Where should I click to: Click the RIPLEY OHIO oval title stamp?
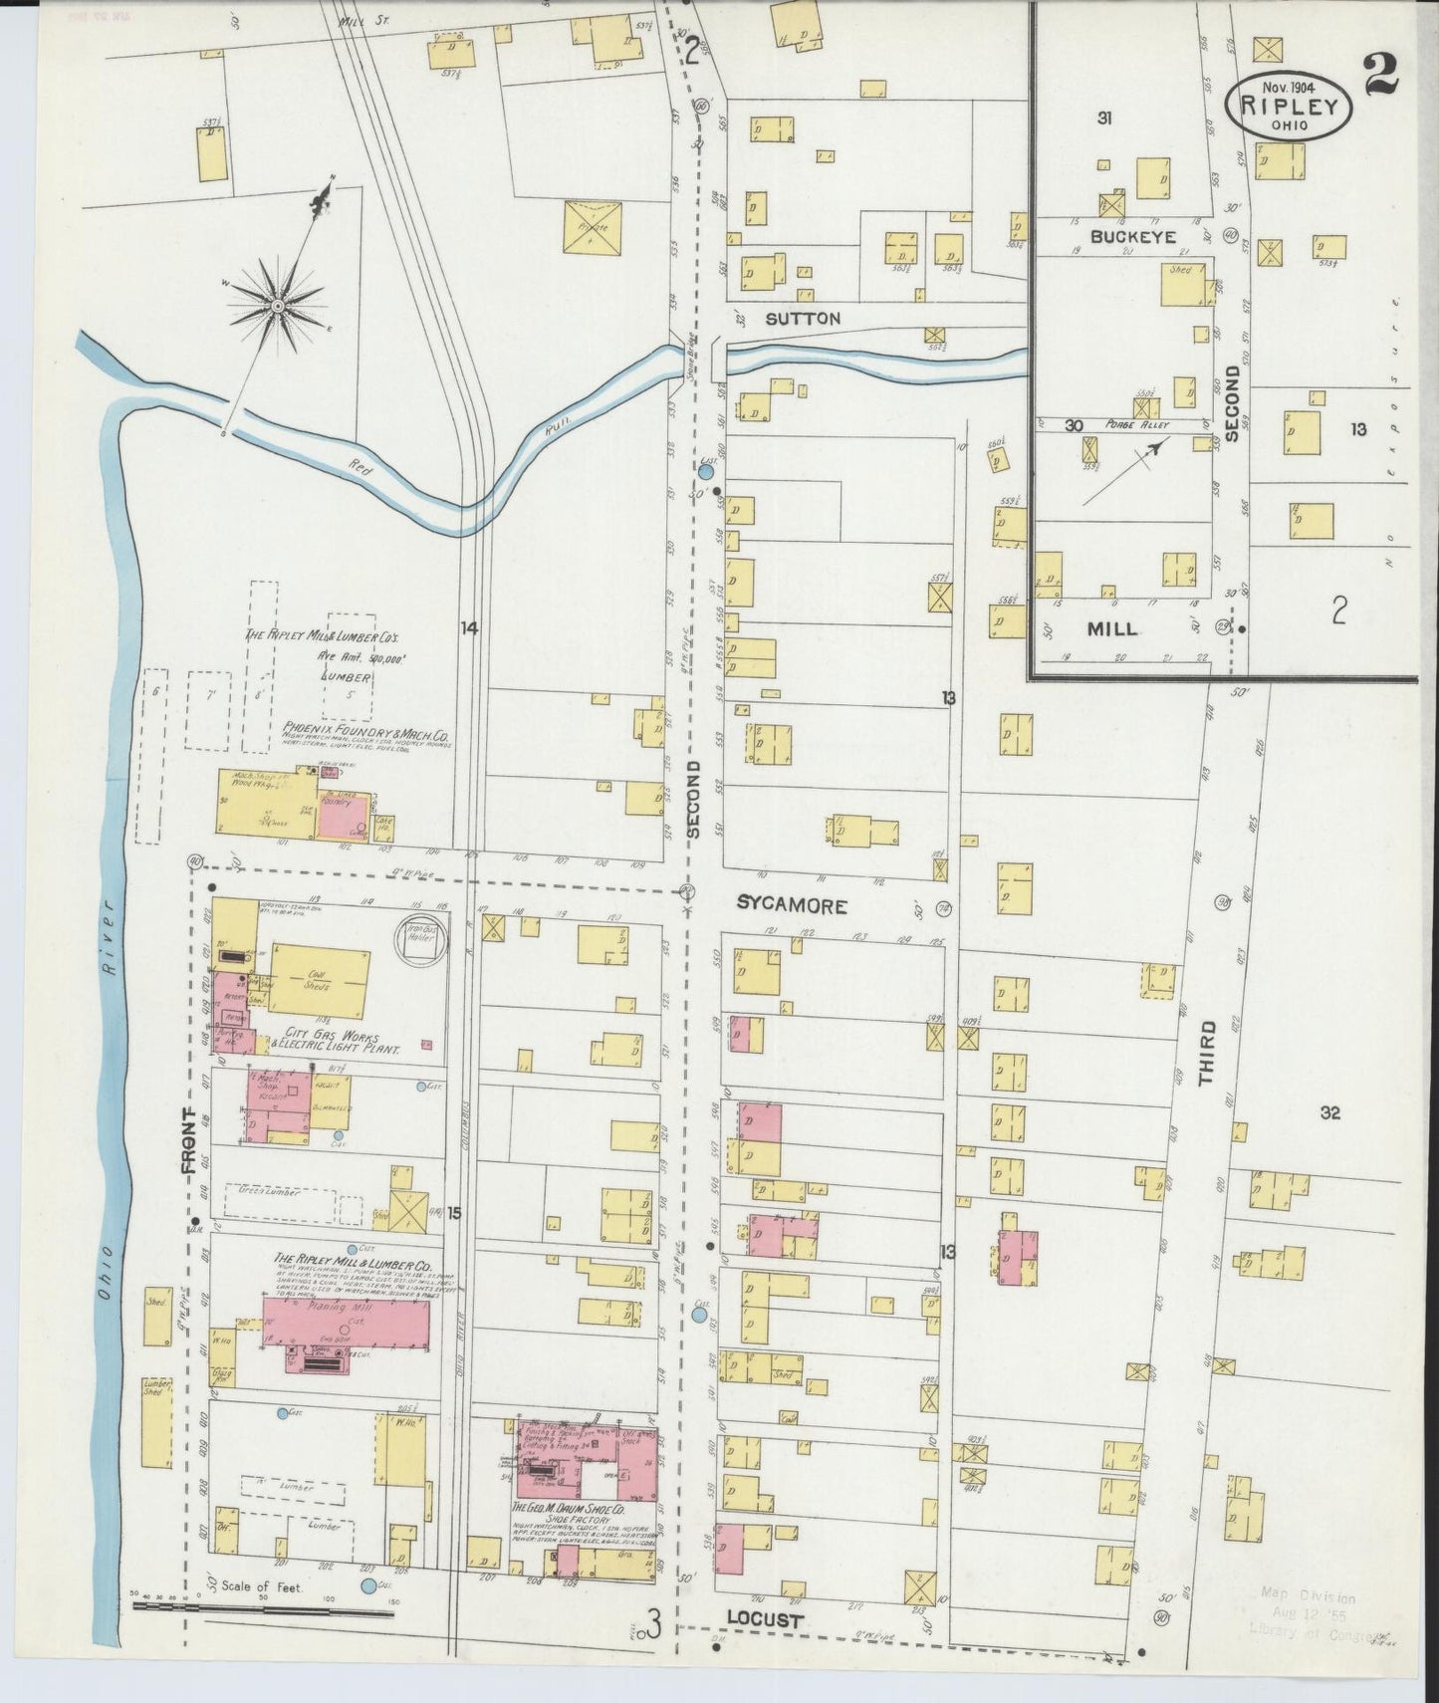1295,104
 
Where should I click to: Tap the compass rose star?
278,304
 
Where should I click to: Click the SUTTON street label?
803,319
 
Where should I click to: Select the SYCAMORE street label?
792,905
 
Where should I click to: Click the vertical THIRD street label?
1207,1052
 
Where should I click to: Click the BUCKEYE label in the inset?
1132,237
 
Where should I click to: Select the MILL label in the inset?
1112,629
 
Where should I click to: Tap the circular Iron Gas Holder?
420,939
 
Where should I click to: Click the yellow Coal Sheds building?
319,979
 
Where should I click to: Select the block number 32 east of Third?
1329,1113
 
